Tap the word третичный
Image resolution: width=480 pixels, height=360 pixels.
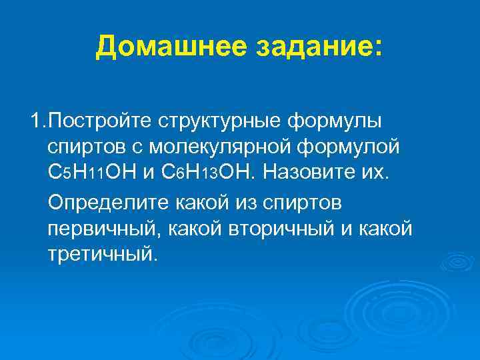coord(103,254)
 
